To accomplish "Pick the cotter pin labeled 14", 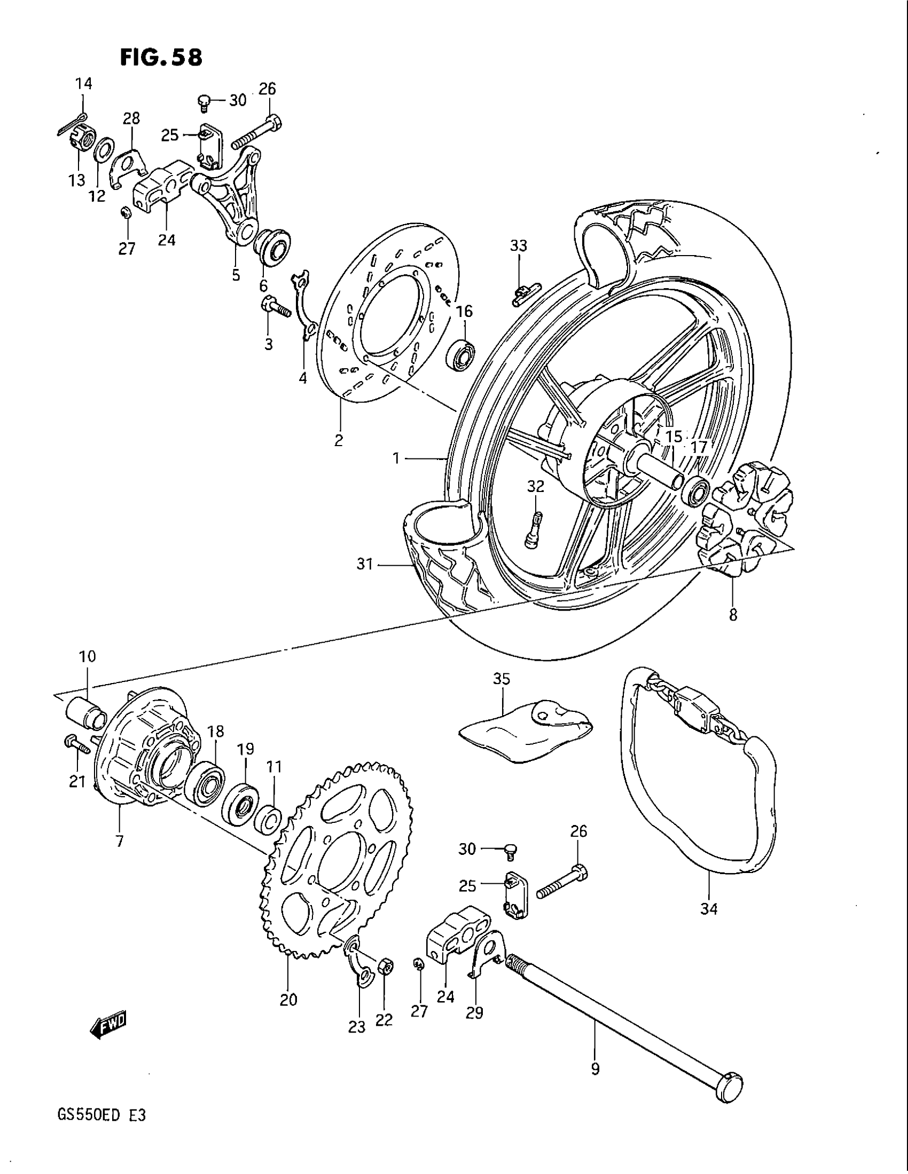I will (x=73, y=123).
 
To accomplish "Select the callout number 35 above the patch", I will (x=502, y=679).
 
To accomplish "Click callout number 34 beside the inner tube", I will (x=708, y=908).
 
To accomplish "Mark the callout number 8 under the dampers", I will (x=733, y=614).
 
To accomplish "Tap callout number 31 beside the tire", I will (x=365, y=565).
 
